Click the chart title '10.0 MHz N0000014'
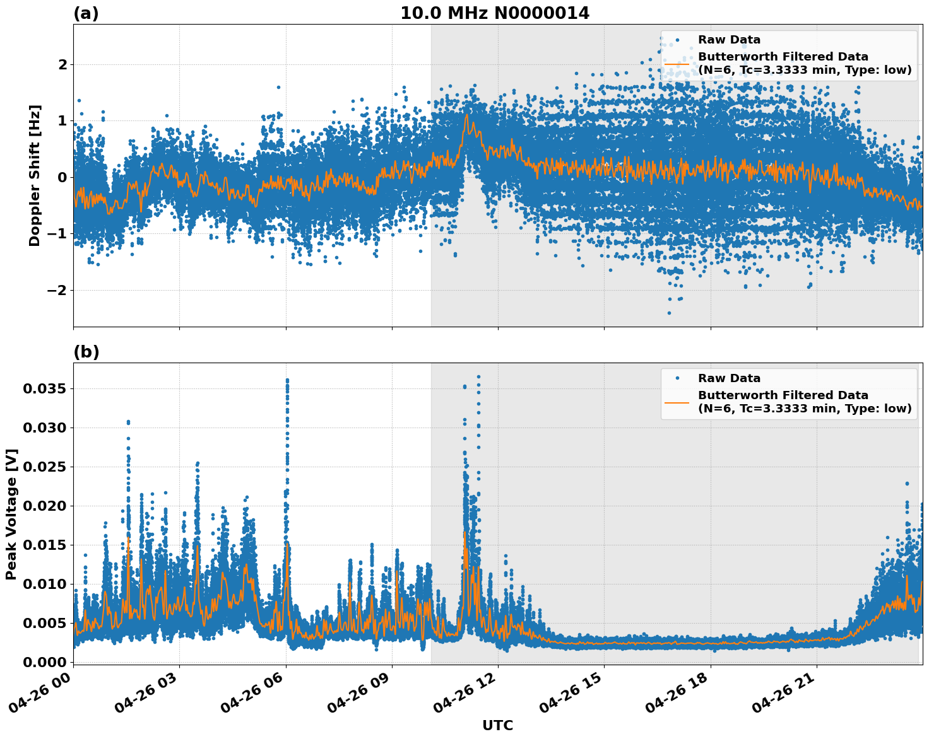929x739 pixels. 495,13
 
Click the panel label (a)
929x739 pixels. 86,13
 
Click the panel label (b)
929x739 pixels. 86,352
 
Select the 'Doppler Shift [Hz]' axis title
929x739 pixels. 35,175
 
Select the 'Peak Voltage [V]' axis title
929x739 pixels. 11,514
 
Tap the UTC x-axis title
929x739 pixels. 497,725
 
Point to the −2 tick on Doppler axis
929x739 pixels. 57,290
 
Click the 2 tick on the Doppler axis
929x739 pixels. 62,64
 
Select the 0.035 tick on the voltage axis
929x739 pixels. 44,388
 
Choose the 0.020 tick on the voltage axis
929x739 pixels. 44,506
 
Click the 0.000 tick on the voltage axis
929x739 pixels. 44,662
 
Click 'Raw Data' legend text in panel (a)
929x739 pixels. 729,40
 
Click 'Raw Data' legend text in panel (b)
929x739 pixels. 729,378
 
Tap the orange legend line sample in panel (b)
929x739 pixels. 677,402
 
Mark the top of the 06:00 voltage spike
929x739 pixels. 287,380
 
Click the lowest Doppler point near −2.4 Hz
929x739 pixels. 669,313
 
